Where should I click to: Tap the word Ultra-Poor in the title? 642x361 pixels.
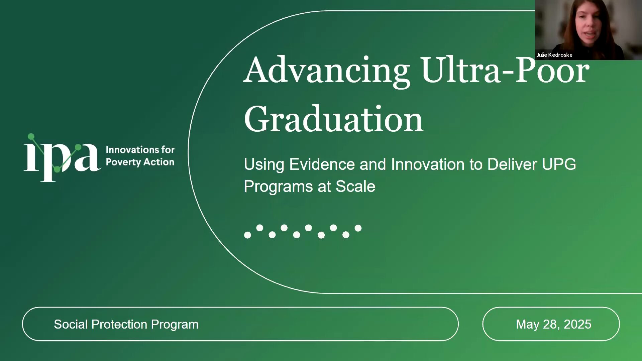coord(505,69)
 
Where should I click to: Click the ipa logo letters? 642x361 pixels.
coord(62,158)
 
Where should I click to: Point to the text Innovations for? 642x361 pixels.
coord(140,149)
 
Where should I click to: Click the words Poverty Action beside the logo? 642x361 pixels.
coord(140,162)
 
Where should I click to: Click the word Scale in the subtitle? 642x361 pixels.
coord(355,186)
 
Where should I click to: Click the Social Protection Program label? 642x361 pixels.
coord(126,324)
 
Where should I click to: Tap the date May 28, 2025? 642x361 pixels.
coord(553,324)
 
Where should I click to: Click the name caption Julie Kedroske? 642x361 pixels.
coord(554,55)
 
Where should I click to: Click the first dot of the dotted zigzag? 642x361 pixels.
coord(247,235)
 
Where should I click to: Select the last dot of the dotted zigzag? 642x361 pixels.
coord(358,228)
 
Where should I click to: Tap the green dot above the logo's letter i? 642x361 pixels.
coord(31,137)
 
